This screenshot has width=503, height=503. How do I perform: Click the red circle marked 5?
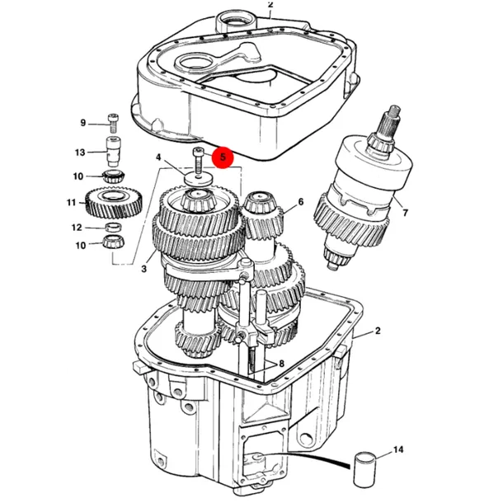pyautogui.click(x=223, y=157)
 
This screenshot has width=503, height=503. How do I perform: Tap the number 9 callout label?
pyautogui.click(x=83, y=123)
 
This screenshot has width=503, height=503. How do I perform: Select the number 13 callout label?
pyautogui.click(x=80, y=152)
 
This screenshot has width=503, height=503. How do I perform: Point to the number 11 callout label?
pyautogui.click(x=71, y=203)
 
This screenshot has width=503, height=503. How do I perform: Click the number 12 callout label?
pyautogui.click(x=77, y=228)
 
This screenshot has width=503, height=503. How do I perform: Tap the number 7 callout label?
pyautogui.click(x=405, y=213)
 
